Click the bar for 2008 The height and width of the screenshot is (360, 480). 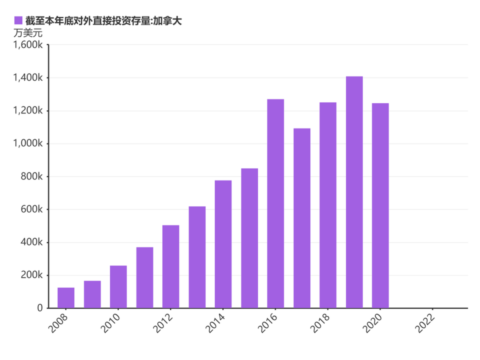click(x=66, y=297)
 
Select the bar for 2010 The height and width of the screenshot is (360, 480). click(x=118, y=287)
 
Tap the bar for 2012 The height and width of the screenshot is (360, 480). click(x=171, y=266)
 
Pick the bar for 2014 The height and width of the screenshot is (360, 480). click(x=223, y=244)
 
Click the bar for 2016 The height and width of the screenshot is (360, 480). click(x=276, y=203)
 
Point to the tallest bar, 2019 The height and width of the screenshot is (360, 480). click(x=354, y=192)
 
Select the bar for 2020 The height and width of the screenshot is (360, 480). click(x=380, y=205)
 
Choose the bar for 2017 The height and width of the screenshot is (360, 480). click(x=302, y=218)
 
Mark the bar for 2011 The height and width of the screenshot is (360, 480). click(x=145, y=277)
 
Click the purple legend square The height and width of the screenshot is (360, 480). click(x=18, y=20)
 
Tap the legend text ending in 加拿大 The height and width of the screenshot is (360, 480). click(x=104, y=21)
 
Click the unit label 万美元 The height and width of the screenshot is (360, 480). click(x=28, y=33)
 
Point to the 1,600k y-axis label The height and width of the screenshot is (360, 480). click(x=28, y=45)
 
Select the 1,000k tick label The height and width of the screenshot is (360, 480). click(x=28, y=143)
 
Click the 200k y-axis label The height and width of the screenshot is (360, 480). click(x=32, y=275)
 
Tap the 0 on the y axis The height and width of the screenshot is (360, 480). click(x=40, y=308)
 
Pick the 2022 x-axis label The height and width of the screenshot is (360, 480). click(x=425, y=323)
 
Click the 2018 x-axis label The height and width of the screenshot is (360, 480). click(x=320, y=323)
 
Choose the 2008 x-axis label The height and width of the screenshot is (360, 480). click(x=58, y=323)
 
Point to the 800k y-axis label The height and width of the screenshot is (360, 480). click(x=32, y=176)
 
